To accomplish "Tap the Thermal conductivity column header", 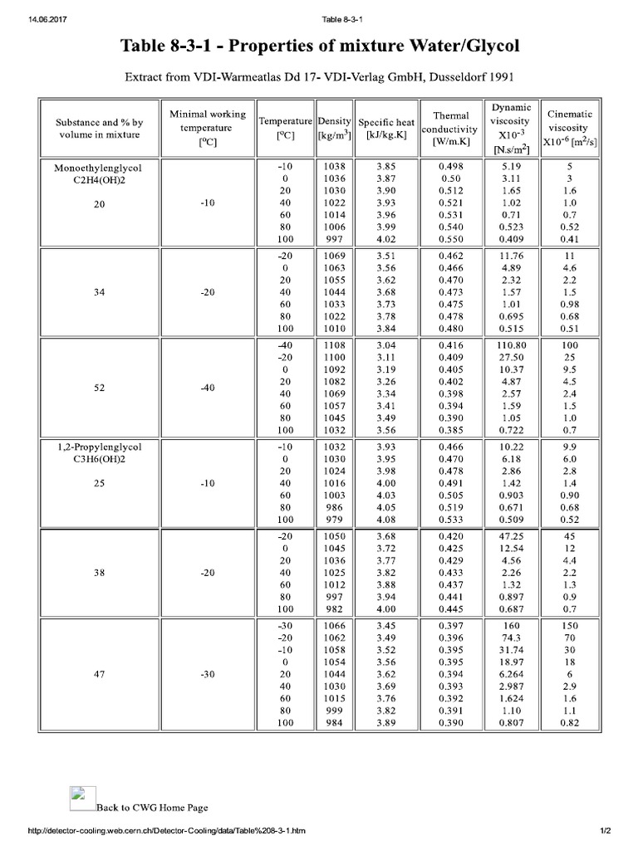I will click(x=450, y=129).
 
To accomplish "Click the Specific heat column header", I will click(x=386, y=129).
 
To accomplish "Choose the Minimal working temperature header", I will click(x=207, y=128).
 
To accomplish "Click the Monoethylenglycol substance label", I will click(x=99, y=168).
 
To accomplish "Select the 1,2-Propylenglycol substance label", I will click(x=99, y=447).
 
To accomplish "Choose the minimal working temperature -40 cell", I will click(x=207, y=388).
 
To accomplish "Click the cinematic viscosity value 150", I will click(x=570, y=624).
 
